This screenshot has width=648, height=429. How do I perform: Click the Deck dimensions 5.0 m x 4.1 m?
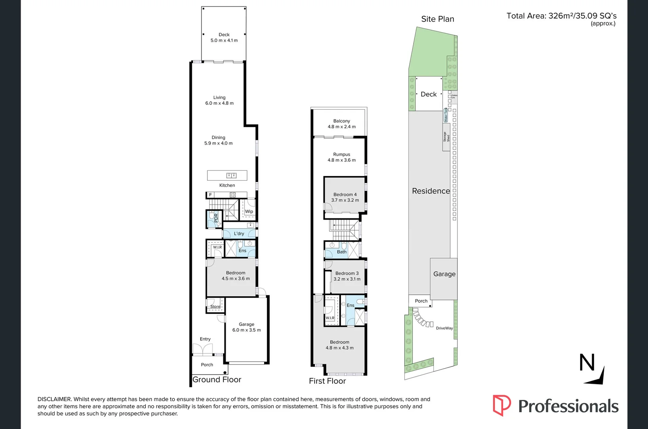click(x=224, y=41)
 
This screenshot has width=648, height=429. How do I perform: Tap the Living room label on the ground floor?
click(x=219, y=97)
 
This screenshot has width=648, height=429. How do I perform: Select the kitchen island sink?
click(x=231, y=175)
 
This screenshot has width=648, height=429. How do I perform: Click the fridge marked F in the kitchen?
click(x=211, y=195)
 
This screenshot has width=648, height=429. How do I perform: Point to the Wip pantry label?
click(x=249, y=211)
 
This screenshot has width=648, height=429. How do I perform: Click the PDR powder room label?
click(x=216, y=218)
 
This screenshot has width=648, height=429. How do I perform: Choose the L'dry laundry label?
click(x=239, y=234)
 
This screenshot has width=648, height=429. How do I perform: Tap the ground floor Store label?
click(x=215, y=306)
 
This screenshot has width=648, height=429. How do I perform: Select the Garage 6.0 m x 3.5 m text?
click(x=246, y=327)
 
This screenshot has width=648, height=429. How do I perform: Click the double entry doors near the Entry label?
click(x=203, y=349)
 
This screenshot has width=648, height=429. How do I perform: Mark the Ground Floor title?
click(x=217, y=379)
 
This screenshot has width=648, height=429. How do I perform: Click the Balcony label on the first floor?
click(x=342, y=121)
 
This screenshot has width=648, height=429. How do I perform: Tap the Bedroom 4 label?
click(x=345, y=194)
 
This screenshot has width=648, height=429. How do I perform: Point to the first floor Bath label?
click(x=342, y=252)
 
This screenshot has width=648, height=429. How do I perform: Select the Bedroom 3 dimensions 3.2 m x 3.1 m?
click(x=347, y=279)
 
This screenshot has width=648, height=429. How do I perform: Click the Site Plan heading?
click(x=437, y=19)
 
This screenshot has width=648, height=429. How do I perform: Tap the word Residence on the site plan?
click(x=431, y=191)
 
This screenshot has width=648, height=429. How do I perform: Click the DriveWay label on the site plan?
click(x=444, y=328)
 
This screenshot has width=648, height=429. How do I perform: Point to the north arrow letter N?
click(x=587, y=362)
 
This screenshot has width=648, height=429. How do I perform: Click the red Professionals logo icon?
click(x=501, y=405)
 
